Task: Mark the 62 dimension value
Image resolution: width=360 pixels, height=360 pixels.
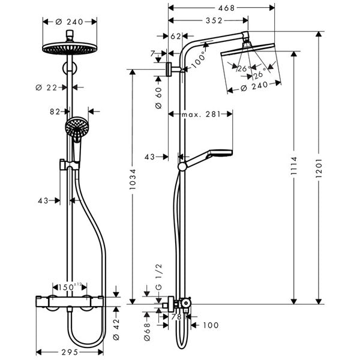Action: pyautogui.click(x=176, y=36)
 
